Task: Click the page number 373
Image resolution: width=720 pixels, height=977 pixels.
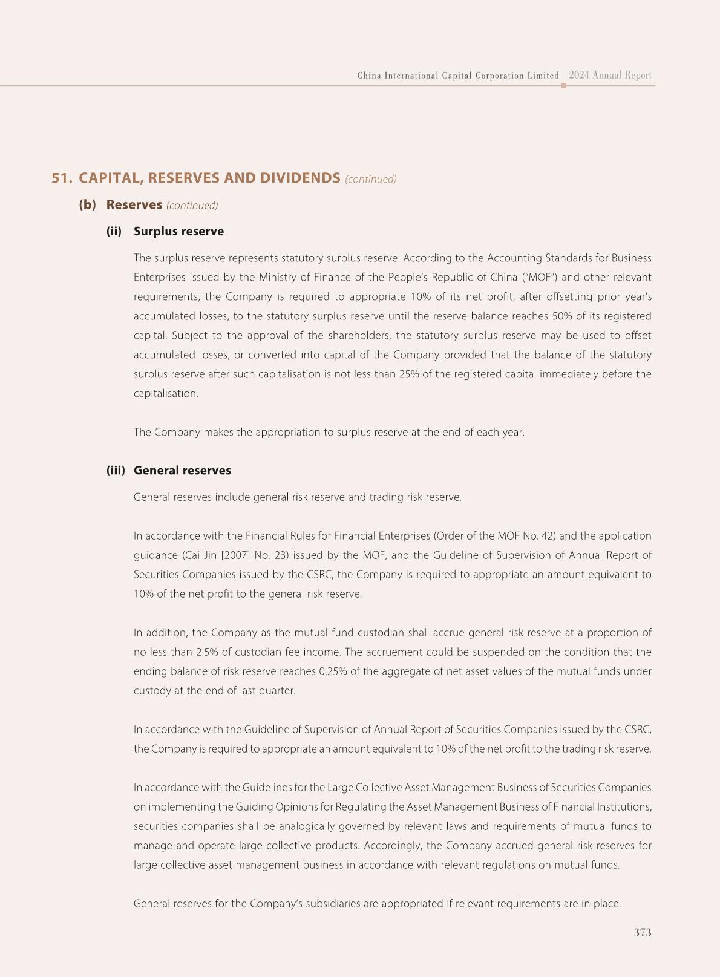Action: (642, 932)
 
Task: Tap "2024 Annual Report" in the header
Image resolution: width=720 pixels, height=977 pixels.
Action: (610, 76)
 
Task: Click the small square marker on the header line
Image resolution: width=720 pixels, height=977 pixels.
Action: (564, 86)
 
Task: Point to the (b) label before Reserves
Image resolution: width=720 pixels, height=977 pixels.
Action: (87, 205)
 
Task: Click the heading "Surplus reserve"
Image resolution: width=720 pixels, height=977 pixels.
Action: (178, 232)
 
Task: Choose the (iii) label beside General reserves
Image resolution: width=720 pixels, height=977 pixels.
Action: (116, 471)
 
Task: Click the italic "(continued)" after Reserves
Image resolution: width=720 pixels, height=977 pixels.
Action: (192, 206)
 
